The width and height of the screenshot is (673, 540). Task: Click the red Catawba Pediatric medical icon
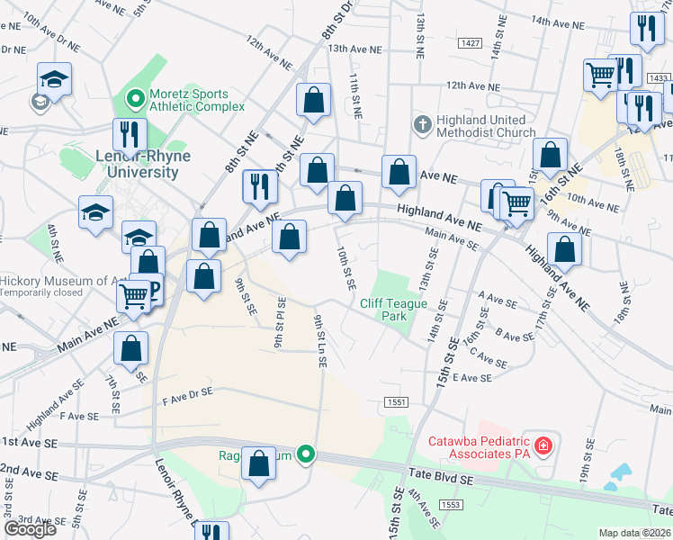(543, 445)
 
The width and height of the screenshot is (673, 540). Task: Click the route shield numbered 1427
(468, 43)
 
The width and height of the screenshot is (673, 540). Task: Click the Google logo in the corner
(30, 529)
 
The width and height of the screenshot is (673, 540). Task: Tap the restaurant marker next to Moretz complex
(130, 134)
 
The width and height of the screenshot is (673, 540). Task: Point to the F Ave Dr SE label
(187, 392)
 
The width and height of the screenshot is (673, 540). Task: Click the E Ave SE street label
(472, 378)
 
